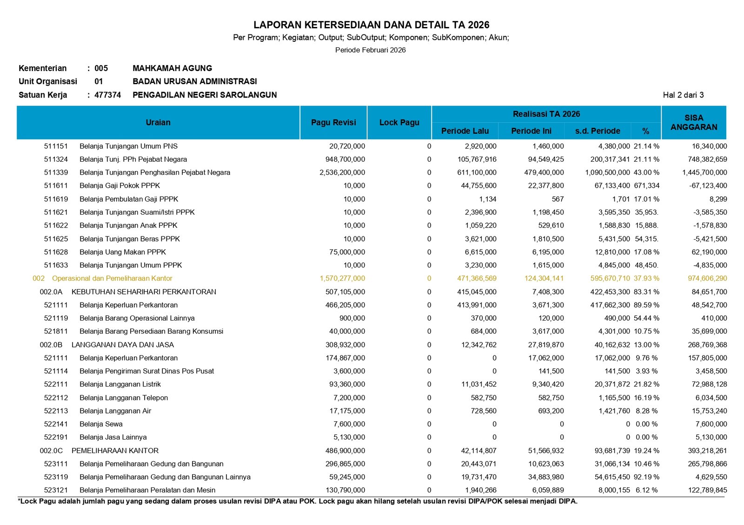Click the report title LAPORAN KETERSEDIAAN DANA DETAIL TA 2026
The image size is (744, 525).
click(x=371, y=25)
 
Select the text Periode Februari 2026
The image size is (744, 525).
click(x=370, y=50)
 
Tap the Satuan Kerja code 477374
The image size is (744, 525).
click(x=107, y=95)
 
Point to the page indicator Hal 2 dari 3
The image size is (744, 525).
click(x=683, y=95)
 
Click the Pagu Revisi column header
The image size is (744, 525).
click(x=333, y=123)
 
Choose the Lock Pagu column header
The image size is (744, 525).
click(x=399, y=123)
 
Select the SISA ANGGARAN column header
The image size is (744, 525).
click(x=694, y=123)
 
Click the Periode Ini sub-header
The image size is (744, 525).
click(x=531, y=131)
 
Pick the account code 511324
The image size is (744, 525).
click(x=56, y=159)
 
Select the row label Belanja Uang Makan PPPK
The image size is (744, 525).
click(x=123, y=252)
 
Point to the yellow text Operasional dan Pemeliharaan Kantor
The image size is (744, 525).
click(x=112, y=278)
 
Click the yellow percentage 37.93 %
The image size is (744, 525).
click(x=646, y=278)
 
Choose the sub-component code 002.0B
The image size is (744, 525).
click(x=51, y=345)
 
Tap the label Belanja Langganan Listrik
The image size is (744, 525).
click(x=120, y=384)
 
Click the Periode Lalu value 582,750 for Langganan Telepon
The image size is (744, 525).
click(x=484, y=398)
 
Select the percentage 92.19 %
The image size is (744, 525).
click(x=646, y=477)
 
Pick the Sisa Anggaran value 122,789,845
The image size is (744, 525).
click(x=707, y=490)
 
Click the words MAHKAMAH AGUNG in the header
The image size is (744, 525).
click(x=172, y=68)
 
